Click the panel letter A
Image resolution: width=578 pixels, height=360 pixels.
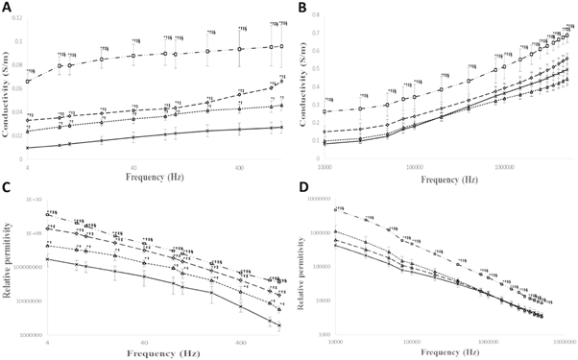(x=7, y=7)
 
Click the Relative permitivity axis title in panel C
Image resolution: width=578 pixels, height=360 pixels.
(x=8, y=269)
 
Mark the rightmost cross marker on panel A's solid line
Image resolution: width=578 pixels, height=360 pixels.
(x=279, y=127)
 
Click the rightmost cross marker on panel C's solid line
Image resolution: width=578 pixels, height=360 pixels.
(x=279, y=325)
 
